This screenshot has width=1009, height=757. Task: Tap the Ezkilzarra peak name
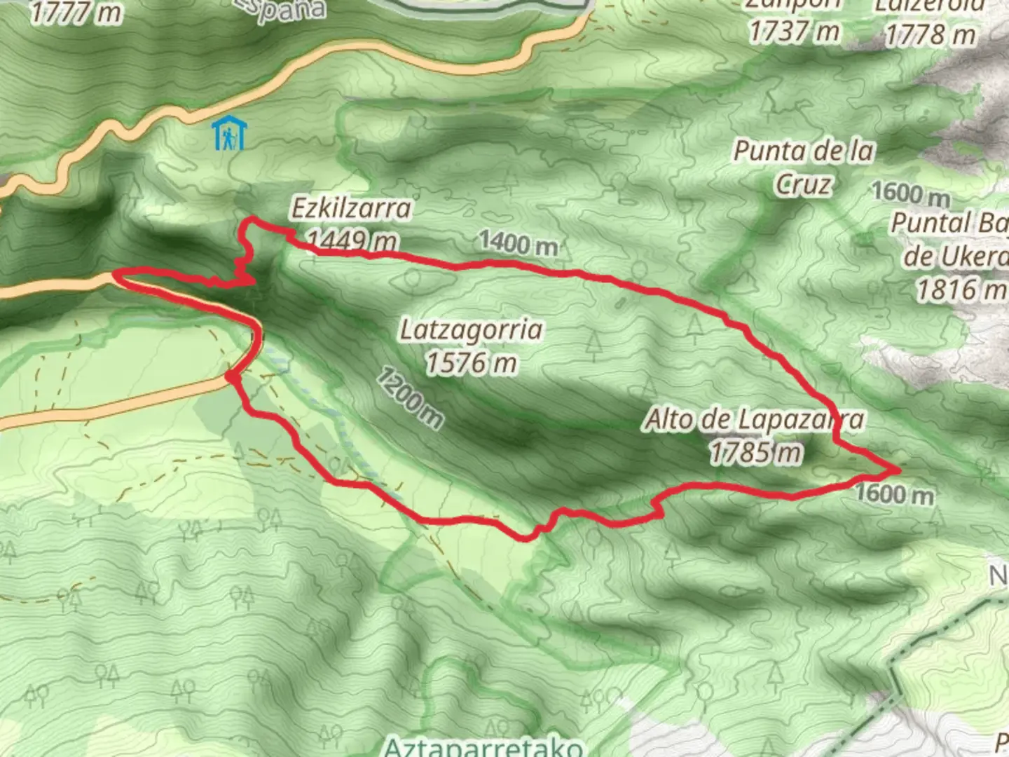(351, 208)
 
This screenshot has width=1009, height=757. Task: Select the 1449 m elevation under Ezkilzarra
(352, 240)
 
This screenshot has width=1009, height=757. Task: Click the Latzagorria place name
(471, 329)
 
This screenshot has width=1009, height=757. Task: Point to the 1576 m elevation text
(471, 362)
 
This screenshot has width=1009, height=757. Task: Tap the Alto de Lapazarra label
(754, 420)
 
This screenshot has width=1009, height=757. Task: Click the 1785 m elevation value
(755, 452)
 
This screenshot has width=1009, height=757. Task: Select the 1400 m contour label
(519, 243)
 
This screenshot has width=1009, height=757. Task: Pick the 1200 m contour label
(409, 398)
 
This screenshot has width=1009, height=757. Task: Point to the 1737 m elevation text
(793, 31)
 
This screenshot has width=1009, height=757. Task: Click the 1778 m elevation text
(929, 34)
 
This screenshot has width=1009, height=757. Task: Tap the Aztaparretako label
(483, 746)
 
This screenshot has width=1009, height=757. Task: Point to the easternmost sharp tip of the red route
(897, 467)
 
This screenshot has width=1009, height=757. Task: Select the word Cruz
(804, 184)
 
